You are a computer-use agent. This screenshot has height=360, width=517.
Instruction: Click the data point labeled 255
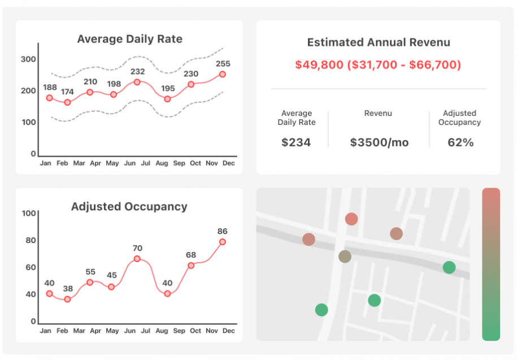coord(223,74)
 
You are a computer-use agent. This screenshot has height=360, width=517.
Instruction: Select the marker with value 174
coord(67,102)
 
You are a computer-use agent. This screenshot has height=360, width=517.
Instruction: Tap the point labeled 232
coord(137,82)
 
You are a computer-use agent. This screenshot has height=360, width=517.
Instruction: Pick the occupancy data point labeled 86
coord(223,241)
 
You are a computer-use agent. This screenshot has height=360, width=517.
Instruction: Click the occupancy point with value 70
coord(137,259)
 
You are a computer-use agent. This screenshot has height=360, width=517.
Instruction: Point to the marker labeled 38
coord(67,299)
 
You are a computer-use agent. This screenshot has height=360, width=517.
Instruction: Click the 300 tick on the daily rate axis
coord(28,59)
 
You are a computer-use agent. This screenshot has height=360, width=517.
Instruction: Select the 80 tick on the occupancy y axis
coord(28,240)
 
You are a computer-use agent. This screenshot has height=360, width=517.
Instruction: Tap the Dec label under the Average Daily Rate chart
coord(228,163)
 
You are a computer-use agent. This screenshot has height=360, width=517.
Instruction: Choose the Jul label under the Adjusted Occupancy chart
coord(145,331)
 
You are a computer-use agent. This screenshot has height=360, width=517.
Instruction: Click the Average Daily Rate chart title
coord(129,39)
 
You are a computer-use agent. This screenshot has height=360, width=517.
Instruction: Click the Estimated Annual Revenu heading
coord(378,42)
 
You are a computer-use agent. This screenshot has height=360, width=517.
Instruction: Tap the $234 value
coord(296,142)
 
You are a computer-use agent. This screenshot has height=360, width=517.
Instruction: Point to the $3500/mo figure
coord(379,142)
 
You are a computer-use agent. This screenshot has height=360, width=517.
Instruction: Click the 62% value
coord(460,142)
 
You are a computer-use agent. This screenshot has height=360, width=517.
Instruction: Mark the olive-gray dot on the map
coord(345,257)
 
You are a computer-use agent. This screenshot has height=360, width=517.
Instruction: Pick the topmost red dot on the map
coord(351,219)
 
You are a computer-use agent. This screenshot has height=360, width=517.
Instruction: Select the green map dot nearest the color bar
coord(449,267)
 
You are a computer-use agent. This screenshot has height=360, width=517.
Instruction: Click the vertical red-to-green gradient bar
coord(491,264)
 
